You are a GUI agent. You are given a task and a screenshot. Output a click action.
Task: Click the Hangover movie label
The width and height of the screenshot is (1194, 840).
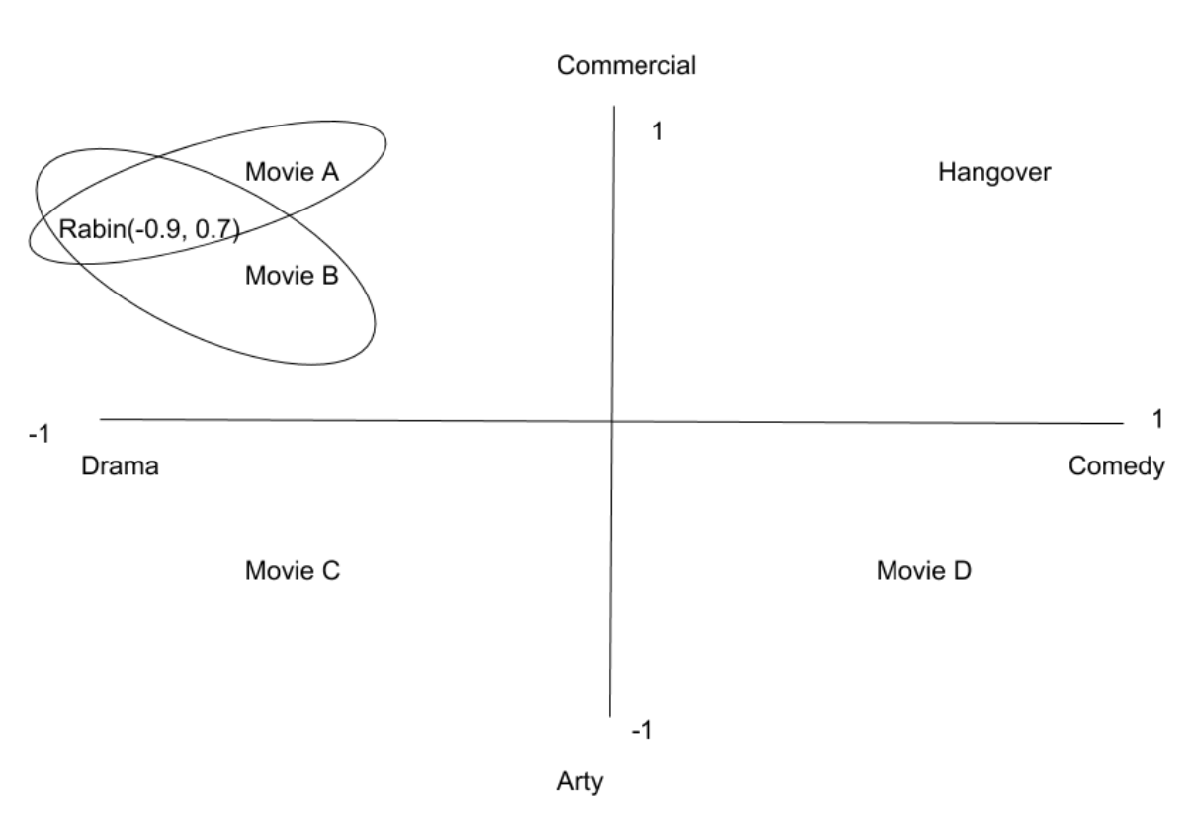[x=994, y=173]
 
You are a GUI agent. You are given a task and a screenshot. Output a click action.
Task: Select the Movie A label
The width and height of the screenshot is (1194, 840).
[x=292, y=173]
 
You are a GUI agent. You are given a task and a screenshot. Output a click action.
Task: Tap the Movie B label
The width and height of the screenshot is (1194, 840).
[x=292, y=276]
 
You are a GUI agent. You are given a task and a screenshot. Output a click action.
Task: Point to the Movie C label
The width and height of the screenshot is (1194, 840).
[x=293, y=570]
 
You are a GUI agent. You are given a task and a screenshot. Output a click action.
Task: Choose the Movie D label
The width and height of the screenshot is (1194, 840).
[x=924, y=570]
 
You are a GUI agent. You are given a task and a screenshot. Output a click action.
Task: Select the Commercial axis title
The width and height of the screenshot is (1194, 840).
[x=627, y=66]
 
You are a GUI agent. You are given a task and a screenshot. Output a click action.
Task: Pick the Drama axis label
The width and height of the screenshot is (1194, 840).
[x=120, y=466]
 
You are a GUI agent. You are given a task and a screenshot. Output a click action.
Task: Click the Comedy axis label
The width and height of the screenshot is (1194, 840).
[x=1117, y=466]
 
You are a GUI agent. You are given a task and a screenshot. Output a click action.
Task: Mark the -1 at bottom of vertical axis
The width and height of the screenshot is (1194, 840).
[x=642, y=731]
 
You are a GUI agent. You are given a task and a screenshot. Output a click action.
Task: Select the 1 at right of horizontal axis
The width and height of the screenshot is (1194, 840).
[x=1158, y=420]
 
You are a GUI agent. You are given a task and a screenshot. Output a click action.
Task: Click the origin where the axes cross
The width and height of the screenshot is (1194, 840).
[x=612, y=421]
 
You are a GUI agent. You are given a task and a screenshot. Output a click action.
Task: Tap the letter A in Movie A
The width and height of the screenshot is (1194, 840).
[x=331, y=173]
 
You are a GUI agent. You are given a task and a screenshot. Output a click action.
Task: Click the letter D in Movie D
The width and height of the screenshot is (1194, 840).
[x=964, y=570]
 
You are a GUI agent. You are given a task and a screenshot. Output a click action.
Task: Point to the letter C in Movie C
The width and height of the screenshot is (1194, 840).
[x=331, y=570]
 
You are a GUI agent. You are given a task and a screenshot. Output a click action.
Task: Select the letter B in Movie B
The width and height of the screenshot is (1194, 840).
[x=331, y=276]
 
